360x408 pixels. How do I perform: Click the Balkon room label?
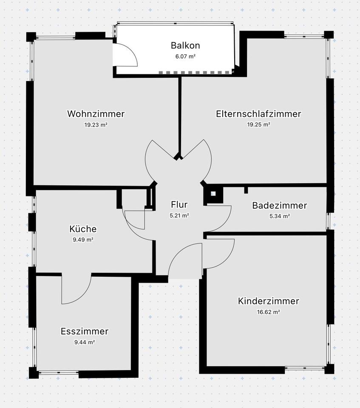point(185,45)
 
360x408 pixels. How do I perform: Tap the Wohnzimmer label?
point(96,114)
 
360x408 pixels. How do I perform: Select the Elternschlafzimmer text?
point(258,114)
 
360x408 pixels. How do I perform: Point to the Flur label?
point(179,205)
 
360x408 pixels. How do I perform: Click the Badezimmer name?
point(279,206)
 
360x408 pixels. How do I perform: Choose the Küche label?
point(83,229)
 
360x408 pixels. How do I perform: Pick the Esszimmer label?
point(85,331)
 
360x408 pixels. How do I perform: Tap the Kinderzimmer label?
point(268,301)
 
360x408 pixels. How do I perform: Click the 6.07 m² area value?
point(185,56)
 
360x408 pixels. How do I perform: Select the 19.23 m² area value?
point(96,125)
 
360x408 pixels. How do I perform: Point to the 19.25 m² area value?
point(258,125)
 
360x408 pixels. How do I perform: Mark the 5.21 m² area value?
point(179,215)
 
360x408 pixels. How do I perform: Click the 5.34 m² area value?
point(279,216)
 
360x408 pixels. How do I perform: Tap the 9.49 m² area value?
point(83,240)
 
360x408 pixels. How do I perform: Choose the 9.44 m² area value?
point(84,342)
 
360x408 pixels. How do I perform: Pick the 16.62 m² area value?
point(268,312)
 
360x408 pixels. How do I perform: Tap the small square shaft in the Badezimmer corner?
point(213,194)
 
